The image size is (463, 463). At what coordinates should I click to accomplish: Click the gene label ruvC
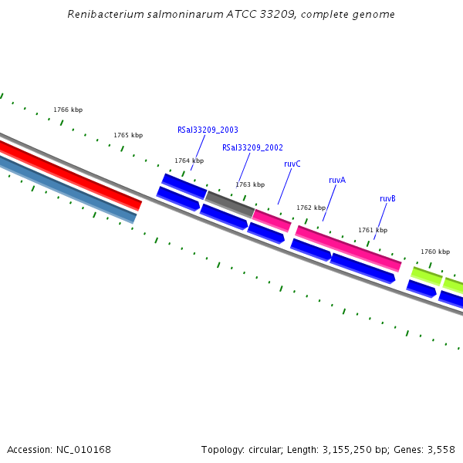pyautogui.click(x=292, y=164)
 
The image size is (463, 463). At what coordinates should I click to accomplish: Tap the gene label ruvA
pyautogui.click(x=337, y=180)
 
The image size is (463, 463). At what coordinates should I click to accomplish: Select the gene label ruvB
pyautogui.click(x=387, y=198)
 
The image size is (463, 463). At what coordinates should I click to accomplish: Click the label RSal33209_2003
pyautogui.click(x=208, y=130)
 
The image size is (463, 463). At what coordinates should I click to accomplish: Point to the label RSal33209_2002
pyautogui.click(x=252, y=147)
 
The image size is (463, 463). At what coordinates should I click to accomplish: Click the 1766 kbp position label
pyautogui.click(x=68, y=110)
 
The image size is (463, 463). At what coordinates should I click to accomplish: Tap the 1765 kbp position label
pyautogui.click(x=128, y=135)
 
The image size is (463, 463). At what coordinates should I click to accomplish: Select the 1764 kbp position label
pyautogui.click(x=189, y=161)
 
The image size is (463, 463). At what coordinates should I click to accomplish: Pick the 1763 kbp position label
pyautogui.click(x=250, y=184)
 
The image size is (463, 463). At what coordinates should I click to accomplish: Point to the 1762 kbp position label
pyautogui.click(x=311, y=208)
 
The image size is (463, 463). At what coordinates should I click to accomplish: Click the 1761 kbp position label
pyautogui.click(x=373, y=230)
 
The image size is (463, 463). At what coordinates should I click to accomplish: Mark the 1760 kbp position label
pyautogui.click(x=435, y=252)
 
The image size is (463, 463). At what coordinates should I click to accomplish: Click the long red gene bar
pyautogui.click(x=69, y=174)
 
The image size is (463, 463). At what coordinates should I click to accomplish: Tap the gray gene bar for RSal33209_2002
pyautogui.click(x=229, y=204)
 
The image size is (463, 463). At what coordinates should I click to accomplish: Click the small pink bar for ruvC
pyautogui.click(x=272, y=220)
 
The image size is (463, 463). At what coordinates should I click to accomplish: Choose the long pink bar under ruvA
pyautogui.click(x=348, y=248)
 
